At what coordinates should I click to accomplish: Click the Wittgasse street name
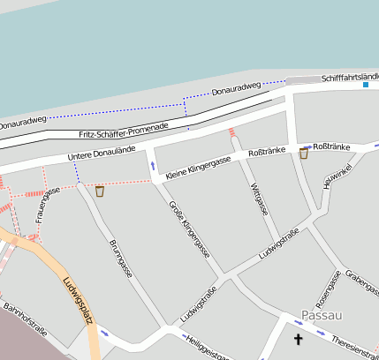259,199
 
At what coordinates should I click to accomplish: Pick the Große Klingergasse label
189,227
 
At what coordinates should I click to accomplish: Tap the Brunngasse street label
120,258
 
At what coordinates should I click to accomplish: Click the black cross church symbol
298,339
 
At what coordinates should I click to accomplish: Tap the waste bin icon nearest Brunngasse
100,191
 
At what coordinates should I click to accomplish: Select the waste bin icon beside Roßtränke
303,154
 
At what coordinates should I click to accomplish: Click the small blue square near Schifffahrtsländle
366,85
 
